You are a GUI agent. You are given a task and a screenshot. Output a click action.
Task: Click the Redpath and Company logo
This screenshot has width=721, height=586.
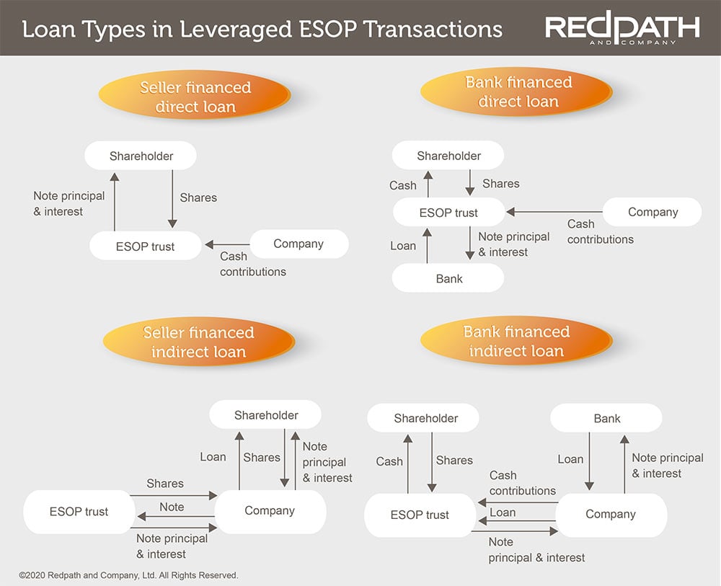click(x=622, y=29)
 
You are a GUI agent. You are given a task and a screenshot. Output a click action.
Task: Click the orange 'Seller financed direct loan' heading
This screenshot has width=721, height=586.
click(x=195, y=97)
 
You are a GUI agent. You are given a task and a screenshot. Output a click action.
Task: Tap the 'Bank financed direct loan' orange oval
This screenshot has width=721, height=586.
click(x=518, y=92)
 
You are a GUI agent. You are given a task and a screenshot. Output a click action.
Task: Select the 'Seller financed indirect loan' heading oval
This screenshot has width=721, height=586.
click(x=198, y=342)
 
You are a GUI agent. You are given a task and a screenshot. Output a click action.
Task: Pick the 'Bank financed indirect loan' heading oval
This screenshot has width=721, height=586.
click(x=516, y=342)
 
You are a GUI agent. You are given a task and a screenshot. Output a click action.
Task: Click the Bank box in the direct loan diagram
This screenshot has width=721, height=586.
click(x=448, y=279)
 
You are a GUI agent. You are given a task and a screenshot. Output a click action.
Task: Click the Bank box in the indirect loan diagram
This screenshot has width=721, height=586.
click(x=606, y=418)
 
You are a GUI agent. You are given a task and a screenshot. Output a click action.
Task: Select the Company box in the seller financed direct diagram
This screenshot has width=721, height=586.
click(x=298, y=244)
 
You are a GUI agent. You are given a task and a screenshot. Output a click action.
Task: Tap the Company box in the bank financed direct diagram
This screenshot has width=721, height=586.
click(x=653, y=212)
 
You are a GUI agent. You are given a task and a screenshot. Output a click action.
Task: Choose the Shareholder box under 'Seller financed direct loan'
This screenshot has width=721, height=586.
click(x=141, y=156)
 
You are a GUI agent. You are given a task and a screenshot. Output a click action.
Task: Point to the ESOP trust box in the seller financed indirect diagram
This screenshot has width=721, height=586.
click(x=79, y=512)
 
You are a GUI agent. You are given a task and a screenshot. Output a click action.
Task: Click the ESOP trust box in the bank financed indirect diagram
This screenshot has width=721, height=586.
click(x=419, y=515)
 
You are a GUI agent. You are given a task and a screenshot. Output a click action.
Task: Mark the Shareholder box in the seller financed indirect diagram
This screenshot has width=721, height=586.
click(x=266, y=415)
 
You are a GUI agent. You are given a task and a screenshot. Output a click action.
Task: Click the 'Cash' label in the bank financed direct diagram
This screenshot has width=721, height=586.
click(x=403, y=185)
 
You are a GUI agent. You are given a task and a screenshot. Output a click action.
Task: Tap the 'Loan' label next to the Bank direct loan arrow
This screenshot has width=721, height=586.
click(x=403, y=246)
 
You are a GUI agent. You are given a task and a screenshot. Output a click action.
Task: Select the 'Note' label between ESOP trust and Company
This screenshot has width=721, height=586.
click(x=172, y=507)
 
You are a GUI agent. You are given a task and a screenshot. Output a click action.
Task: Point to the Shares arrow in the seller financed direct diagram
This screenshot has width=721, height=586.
click(x=172, y=198)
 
